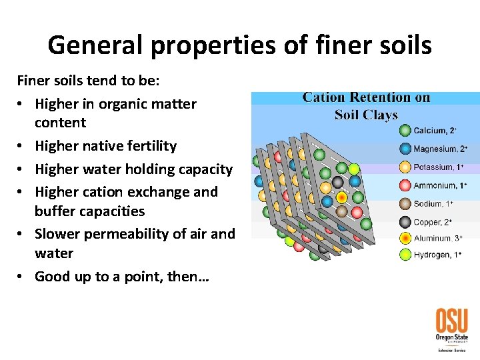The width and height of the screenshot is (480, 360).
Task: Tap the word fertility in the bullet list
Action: (x=147, y=146)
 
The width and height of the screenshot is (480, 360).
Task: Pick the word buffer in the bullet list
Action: (x=55, y=211)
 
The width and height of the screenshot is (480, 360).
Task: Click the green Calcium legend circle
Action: (x=405, y=131)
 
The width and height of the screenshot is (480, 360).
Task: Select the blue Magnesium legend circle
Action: (x=405, y=149)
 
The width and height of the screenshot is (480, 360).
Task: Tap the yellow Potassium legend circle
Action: (x=405, y=167)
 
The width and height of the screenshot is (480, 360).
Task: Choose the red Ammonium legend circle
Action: (x=405, y=185)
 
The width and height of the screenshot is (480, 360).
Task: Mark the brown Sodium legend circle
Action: (x=405, y=203)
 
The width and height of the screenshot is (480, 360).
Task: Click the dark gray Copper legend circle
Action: (x=405, y=222)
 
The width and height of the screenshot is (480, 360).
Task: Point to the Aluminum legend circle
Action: (x=405, y=237)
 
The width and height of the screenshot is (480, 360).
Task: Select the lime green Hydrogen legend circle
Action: (x=405, y=255)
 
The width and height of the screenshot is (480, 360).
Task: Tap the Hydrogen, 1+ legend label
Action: (x=438, y=255)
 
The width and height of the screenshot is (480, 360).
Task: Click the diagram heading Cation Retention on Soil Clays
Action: (x=366, y=106)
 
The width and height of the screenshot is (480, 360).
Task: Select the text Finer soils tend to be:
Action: (x=83, y=81)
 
